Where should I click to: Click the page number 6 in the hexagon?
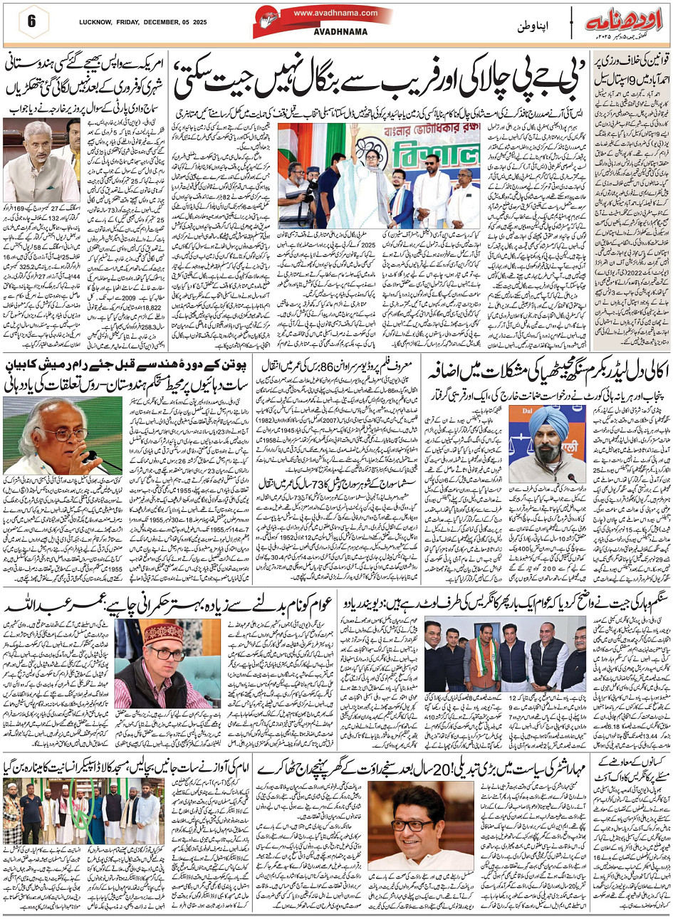pos(31,20)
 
